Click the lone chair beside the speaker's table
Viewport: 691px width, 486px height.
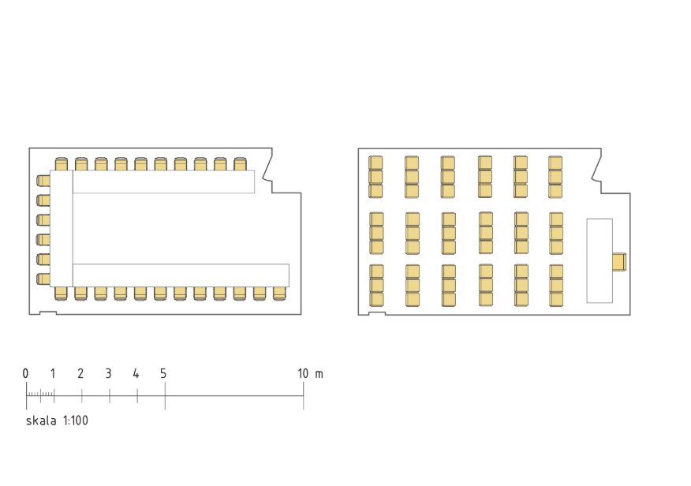click(x=619, y=262)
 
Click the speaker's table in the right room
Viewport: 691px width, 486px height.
click(x=599, y=261)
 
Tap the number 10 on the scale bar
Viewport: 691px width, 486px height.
click(x=303, y=374)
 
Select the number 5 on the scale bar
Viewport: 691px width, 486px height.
click(x=163, y=374)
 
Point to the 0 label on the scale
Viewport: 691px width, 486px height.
click(x=25, y=374)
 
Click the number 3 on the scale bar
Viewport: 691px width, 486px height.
click(x=108, y=374)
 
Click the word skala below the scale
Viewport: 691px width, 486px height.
click(x=41, y=421)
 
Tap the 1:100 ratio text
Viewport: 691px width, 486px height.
click(x=76, y=421)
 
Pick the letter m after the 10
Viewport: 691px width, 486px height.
click(x=319, y=375)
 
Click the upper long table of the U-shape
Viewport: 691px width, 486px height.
click(x=163, y=181)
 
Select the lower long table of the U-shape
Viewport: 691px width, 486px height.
click(x=181, y=275)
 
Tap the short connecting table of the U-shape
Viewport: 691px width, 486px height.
click(x=62, y=228)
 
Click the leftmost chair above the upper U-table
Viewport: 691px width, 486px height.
click(x=62, y=164)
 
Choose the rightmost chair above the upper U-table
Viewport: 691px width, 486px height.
click(x=240, y=164)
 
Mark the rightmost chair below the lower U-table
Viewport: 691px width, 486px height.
click(x=279, y=293)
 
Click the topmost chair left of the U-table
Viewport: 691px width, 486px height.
click(x=43, y=181)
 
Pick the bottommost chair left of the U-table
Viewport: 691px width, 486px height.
click(x=43, y=279)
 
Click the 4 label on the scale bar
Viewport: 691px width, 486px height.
click(x=136, y=374)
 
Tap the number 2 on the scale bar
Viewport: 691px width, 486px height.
click(x=80, y=374)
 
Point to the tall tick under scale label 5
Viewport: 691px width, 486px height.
click(x=166, y=396)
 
